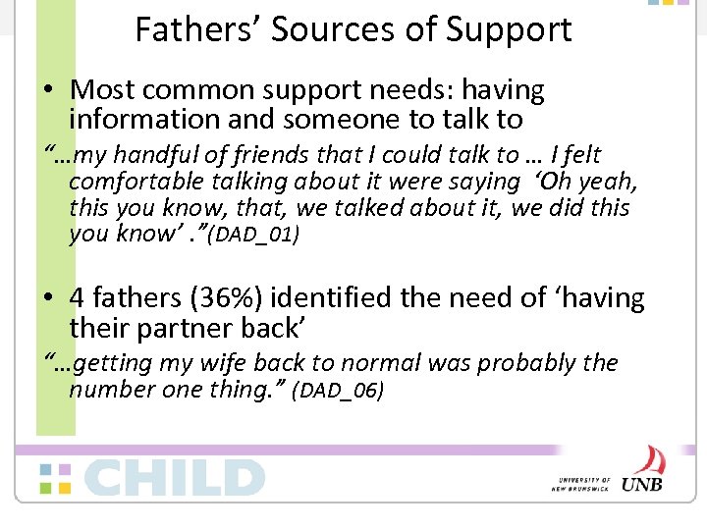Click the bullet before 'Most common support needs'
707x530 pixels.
click(x=47, y=90)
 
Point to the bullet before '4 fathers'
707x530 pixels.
click(x=47, y=298)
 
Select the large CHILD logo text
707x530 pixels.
click(x=175, y=478)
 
